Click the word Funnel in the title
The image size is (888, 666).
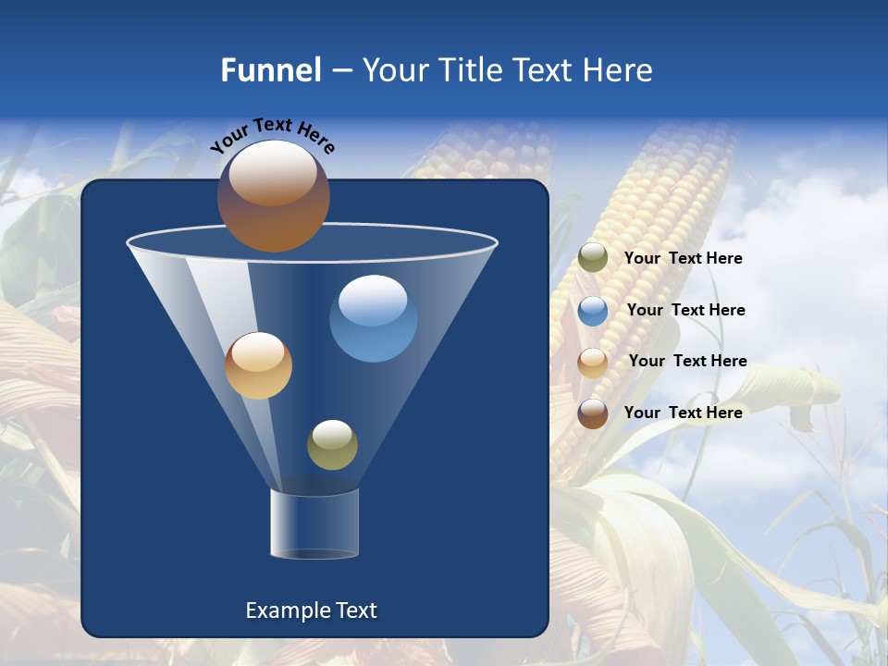(270, 69)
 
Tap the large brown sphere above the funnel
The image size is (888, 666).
(273, 196)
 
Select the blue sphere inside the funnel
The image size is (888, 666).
(373, 318)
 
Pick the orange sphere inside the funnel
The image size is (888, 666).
(258, 365)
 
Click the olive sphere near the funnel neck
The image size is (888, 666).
(332, 445)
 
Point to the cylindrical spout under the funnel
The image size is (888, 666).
(314, 524)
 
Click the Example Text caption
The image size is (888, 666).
(311, 610)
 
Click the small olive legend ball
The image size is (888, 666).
(593, 258)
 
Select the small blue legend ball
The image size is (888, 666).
(593, 311)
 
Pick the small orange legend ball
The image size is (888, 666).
(593, 362)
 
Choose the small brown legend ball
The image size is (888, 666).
(593, 413)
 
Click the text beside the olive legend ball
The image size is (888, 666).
(683, 258)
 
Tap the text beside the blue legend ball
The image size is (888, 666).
(685, 310)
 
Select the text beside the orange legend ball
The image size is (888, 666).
(687, 361)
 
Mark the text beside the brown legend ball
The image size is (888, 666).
(683, 413)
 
